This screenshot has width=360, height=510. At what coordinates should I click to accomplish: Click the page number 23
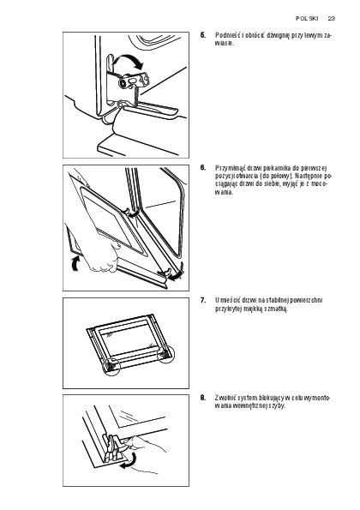(x=332, y=19)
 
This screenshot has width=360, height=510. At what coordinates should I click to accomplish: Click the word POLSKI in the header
(x=307, y=19)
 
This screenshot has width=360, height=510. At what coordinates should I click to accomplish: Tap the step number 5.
(x=203, y=35)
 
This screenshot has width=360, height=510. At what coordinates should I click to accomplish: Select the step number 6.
(x=203, y=168)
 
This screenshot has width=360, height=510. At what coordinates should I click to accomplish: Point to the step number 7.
(x=203, y=300)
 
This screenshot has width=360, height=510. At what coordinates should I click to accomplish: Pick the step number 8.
(x=203, y=398)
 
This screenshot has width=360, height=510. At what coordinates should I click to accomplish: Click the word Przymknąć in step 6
(x=227, y=168)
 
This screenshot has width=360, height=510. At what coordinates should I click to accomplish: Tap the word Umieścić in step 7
(x=225, y=300)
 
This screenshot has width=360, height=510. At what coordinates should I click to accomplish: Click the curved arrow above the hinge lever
(x=128, y=58)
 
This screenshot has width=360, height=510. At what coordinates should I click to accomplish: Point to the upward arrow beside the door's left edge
(x=75, y=263)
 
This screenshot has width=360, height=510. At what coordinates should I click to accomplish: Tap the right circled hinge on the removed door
(x=165, y=354)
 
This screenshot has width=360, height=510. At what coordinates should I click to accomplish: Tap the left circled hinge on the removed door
(x=111, y=367)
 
